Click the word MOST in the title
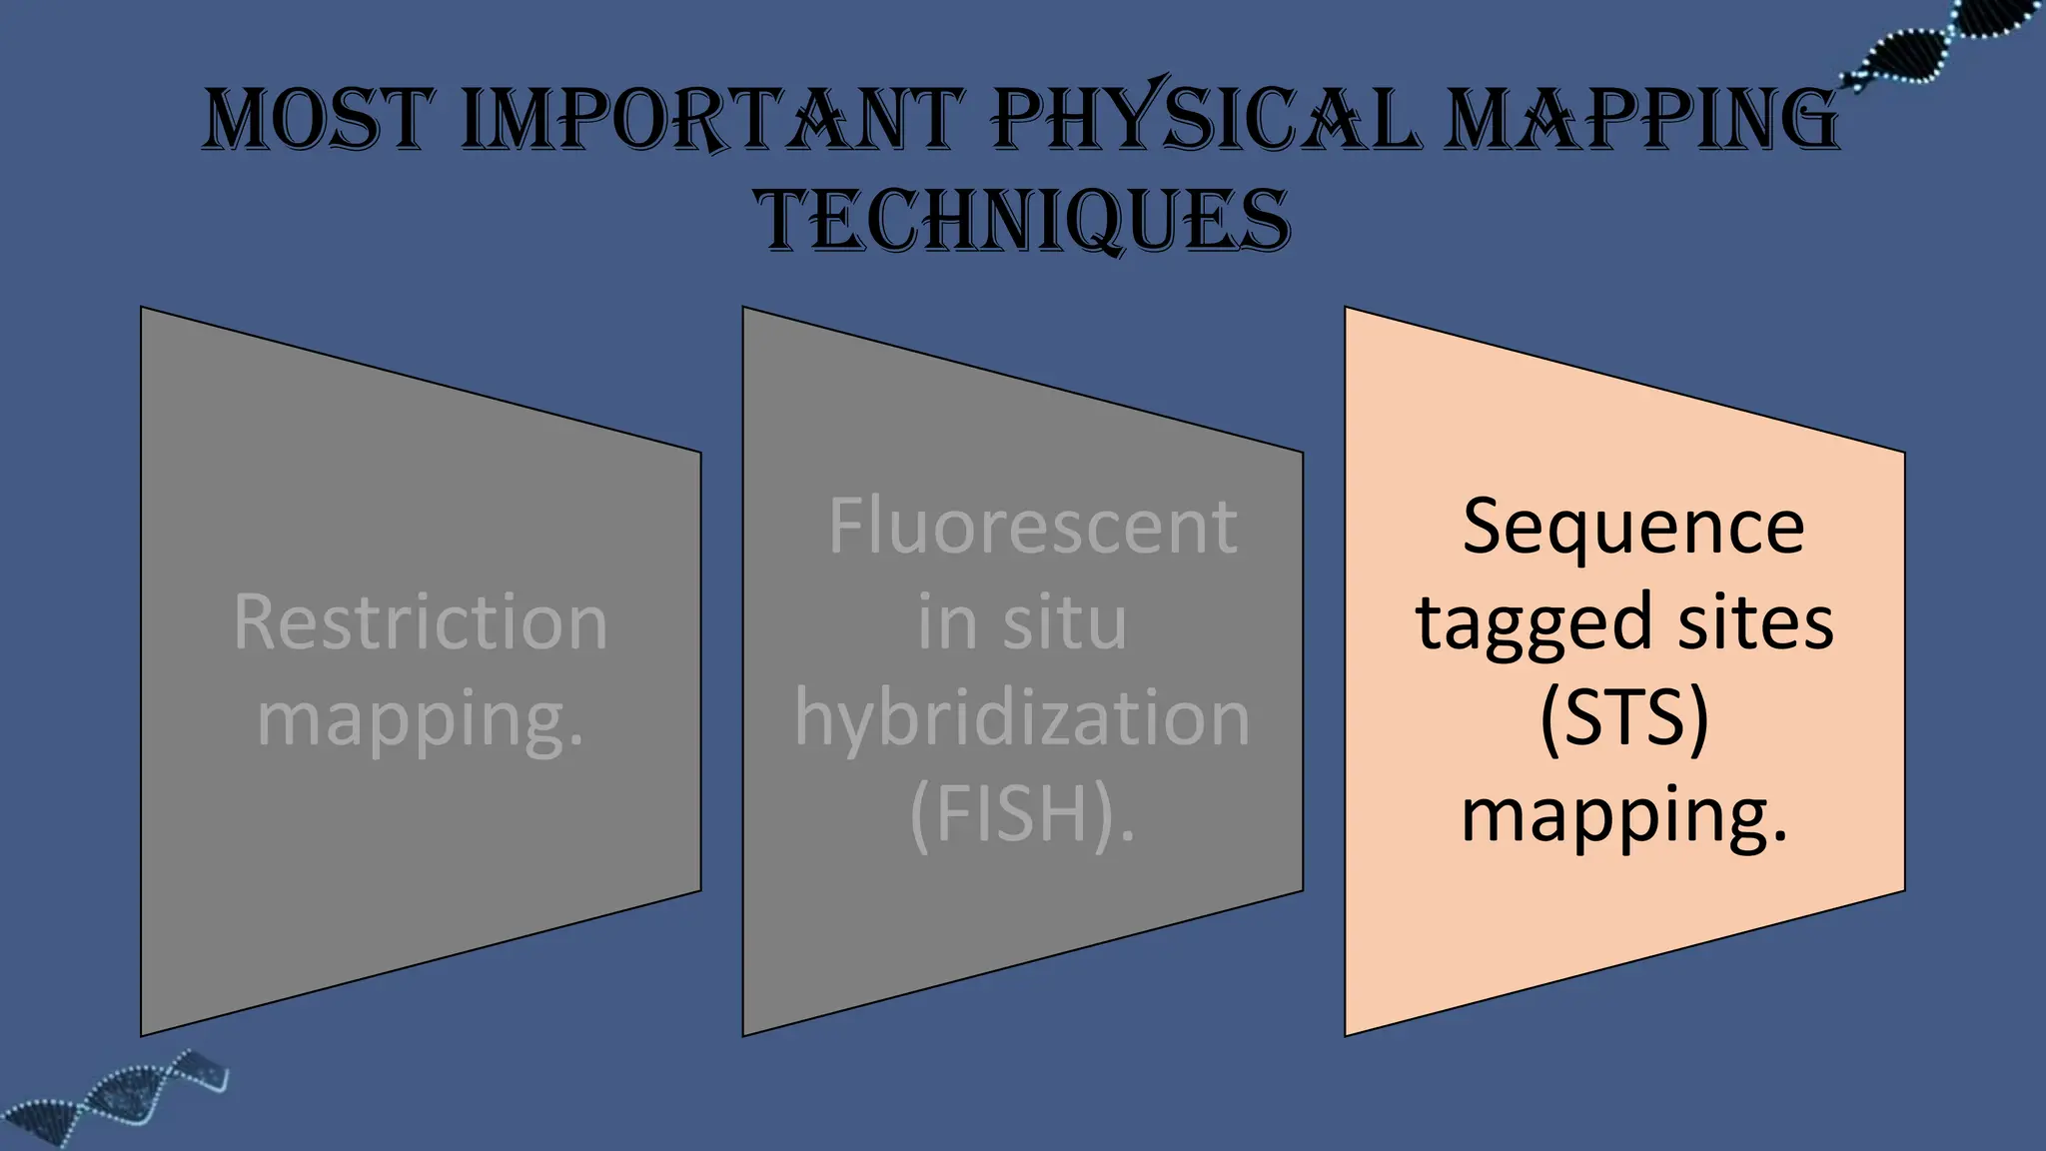tap(319, 120)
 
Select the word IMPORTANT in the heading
tap(712, 120)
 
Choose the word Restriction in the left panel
tap(421, 622)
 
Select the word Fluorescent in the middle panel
tap(1032, 527)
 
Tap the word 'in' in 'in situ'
tap(947, 622)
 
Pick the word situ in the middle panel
tap(1065, 622)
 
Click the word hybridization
tap(1022, 718)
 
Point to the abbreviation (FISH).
tap(1022, 814)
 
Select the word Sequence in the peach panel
tap(1633, 527)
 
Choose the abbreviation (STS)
tap(1624, 718)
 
